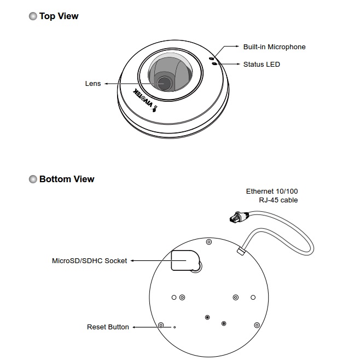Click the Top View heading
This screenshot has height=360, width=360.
click(59, 16)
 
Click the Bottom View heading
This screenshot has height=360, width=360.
click(66, 179)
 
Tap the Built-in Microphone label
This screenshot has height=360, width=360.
click(274, 47)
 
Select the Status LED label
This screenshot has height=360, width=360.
click(262, 65)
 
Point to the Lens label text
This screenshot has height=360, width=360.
click(93, 84)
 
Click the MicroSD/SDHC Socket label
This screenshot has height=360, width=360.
click(89, 261)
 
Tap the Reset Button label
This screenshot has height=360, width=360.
click(108, 327)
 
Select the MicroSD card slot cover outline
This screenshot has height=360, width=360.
click(184, 260)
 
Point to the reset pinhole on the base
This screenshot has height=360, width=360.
click(175, 328)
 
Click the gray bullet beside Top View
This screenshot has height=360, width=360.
click(33, 16)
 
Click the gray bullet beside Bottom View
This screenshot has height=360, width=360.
click(33, 179)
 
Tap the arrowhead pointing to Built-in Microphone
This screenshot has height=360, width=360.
click(236, 47)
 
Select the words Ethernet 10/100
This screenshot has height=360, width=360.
click(272, 191)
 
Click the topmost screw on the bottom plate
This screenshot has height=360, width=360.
click(208, 242)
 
